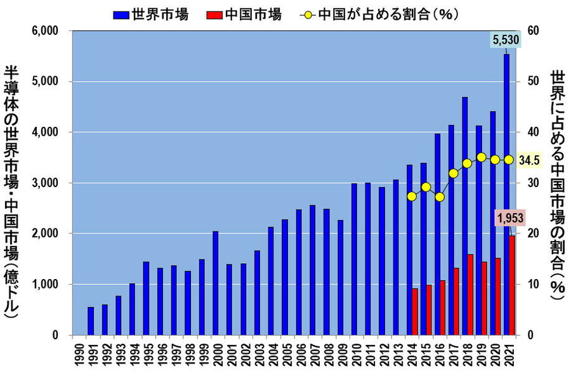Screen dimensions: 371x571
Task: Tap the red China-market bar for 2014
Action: (x=415, y=311)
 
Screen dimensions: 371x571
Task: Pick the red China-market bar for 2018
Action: (x=470, y=294)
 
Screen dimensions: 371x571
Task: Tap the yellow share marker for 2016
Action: (x=440, y=197)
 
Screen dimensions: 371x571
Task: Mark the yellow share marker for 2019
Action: (x=481, y=157)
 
